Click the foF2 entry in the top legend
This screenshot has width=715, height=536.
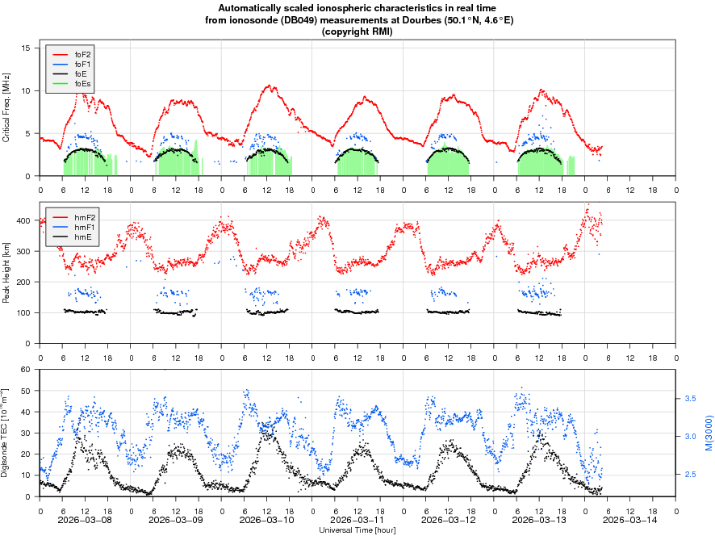(x=82, y=54)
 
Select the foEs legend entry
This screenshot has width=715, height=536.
(x=82, y=83)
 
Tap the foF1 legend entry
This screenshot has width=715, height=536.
(x=82, y=64)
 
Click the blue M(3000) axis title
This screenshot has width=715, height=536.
(x=708, y=433)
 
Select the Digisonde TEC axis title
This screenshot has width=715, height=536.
(x=6, y=433)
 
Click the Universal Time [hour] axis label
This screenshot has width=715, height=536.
(x=357, y=530)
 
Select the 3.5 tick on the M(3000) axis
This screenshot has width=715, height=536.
(x=691, y=399)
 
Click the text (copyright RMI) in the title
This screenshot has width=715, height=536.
(x=357, y=31)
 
